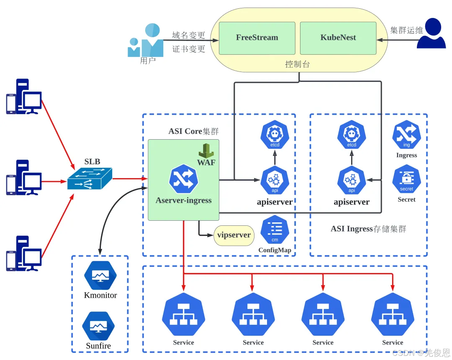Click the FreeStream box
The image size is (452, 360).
pyautogui.click(x=257, y=38)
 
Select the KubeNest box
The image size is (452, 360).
pyautogui.click(x=338, y=38)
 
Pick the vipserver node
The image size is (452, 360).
pyautogui.click(x=234, y=235)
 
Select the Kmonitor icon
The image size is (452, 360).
pyautogui.click(x=100, y=276)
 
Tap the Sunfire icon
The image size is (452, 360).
pyautogui.click(x=98, y=326)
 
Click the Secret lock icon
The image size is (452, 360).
pyautogui.click(x=406, y=179)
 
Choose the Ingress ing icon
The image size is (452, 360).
pyautogui.click(x=406, y=135)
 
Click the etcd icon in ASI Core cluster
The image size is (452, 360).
pyautogui.click(x=275, y=135)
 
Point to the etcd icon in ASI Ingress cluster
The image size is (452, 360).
pyautogui.click(x=352, y=135)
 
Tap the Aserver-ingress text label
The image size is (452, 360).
pyautogui.click(x=183, y=200)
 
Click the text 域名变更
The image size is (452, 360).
pyautogui.click(x=189, y=35)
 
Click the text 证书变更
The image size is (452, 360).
pyautogui.click(x=189, y=49)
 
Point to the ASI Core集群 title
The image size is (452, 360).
pyautogui.click(x=193, y=131)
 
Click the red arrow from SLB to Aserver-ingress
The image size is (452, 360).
pyautogui.click(x=130, y=179)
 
